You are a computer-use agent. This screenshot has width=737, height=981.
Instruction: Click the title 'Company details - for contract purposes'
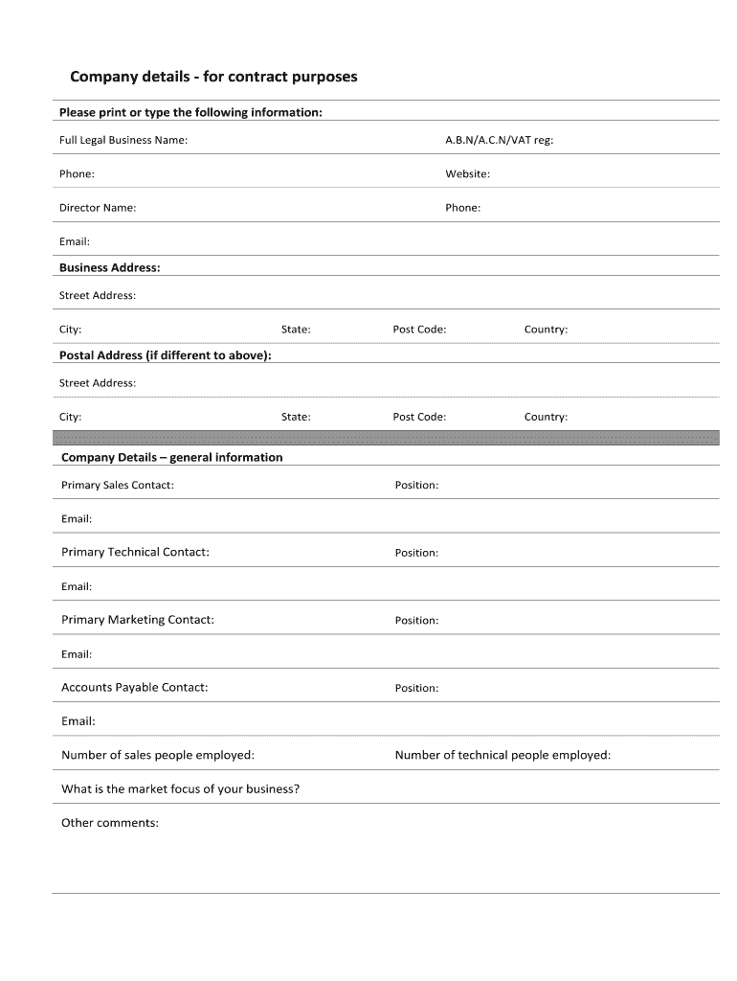(213, 77)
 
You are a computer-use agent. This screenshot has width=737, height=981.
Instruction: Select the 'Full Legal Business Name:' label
(123, 141)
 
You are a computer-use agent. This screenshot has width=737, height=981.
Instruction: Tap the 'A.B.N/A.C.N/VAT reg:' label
(499, 141)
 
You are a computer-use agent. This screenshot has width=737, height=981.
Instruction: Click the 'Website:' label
(467, 174)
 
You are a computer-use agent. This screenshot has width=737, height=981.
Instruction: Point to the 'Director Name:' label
(98, 208)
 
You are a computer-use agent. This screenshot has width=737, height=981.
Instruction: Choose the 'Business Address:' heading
(110, 268)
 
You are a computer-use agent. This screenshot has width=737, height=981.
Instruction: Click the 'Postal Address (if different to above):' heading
(166, 355)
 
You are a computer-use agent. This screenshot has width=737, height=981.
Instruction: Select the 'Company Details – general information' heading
(172, 458)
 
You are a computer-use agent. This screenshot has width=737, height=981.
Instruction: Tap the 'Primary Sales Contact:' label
(118, 486)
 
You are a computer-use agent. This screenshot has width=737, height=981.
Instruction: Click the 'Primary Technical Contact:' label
(135, 553)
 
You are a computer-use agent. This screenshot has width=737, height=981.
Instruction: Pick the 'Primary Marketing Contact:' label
(138, 620)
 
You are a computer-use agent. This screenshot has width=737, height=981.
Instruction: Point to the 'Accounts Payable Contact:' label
(134, 688)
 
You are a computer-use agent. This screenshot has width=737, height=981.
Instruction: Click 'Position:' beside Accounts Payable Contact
(416, 689)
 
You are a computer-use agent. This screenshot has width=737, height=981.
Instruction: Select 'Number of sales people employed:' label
(158, 756)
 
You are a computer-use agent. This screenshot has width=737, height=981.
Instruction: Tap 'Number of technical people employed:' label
(502, 756)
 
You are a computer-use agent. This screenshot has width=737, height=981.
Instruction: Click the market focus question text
(181, 789)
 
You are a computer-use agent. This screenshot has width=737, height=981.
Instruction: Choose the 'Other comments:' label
(110, 823)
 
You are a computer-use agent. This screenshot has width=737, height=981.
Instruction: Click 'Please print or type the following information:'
(190, 113)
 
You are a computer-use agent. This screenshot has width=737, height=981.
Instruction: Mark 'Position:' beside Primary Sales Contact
(416, 486)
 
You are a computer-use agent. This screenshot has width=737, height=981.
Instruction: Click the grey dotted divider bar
(385, 438)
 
